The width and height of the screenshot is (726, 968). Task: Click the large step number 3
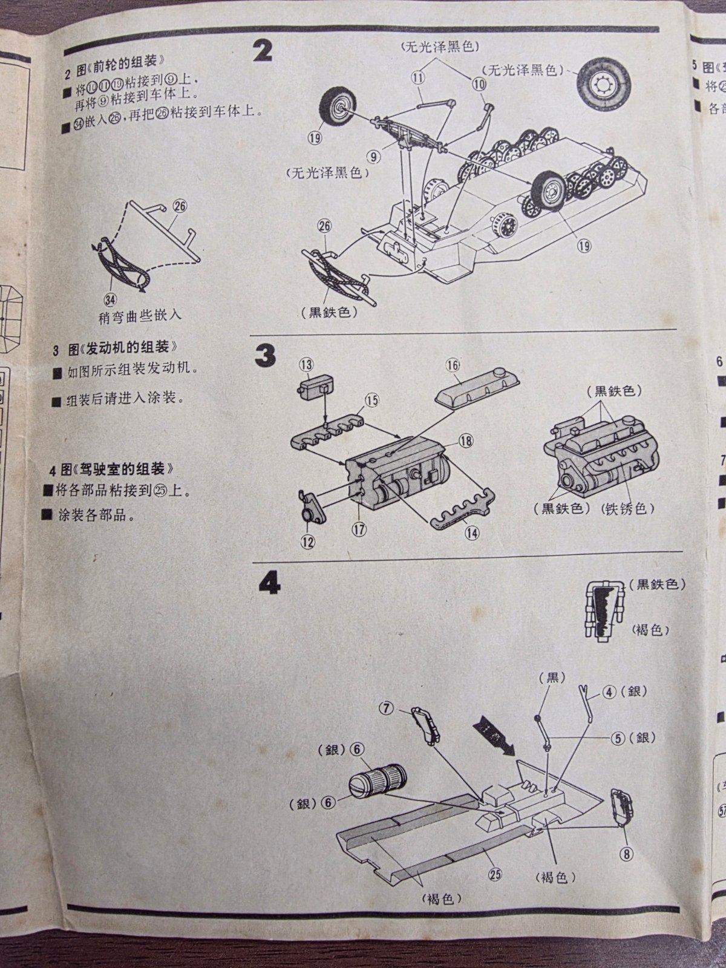(x=264, y=358)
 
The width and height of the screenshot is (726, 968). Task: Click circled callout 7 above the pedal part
(x=388, y=707)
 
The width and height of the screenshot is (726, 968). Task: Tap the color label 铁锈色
(x=629, y=509)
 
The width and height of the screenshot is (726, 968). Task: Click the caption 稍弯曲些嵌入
(x=139, y=316)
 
